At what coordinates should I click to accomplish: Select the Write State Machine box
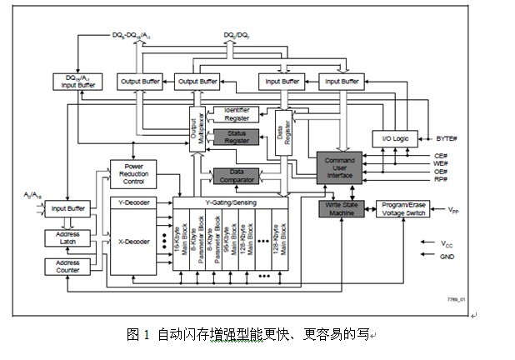pyautogui.click(x=342, y=208)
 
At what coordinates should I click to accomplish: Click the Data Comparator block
pyautogui.click(x=236, y=175)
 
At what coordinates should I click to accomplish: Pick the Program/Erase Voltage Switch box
pyautogui.click(x=404, y=208)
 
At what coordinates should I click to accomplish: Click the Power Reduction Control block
pyautogui.click(x=132, y=172)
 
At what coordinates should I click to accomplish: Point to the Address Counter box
pyautogui.click(x=67, y=266)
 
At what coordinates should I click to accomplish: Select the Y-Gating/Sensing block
pyautogui.click(x=229, y=202)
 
